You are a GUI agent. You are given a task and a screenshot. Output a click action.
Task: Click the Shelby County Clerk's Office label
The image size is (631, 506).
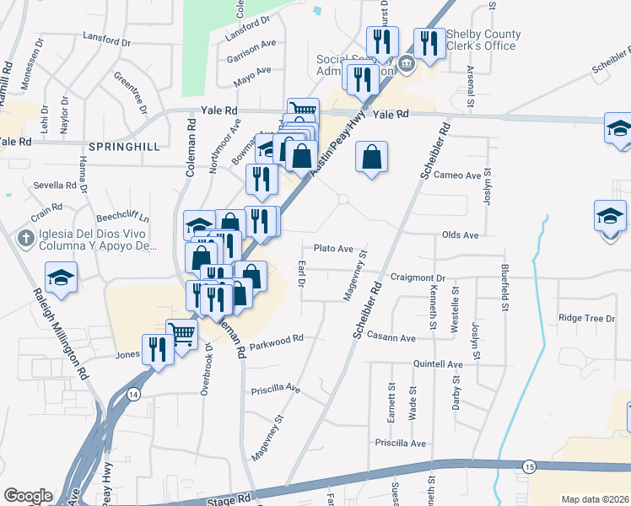pos(483,40)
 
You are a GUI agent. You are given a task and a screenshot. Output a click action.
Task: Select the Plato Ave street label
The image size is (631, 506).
pos(333,249)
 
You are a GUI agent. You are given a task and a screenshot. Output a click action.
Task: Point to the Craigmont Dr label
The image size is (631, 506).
pos(418,277)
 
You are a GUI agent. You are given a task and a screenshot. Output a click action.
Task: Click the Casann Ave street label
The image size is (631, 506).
pos(391,337)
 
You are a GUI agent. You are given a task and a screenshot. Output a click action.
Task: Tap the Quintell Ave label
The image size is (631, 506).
pos(438,364)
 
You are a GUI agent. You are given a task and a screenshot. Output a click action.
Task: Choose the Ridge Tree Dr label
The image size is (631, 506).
pos(587,318)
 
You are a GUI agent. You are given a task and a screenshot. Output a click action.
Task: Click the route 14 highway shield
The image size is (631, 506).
pos(132,394)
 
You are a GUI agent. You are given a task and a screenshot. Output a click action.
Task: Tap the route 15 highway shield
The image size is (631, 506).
pos(529,466)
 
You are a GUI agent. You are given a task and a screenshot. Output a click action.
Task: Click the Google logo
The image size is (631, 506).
pos(27,496)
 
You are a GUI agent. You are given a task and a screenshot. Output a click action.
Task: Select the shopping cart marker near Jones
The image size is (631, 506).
pos(181,333)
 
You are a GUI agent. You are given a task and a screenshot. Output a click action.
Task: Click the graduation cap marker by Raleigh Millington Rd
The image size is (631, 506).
pos(62,277)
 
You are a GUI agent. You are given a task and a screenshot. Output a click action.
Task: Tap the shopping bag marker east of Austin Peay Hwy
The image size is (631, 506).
pos(371,157)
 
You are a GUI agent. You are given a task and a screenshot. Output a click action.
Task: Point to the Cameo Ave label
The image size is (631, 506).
pos(456,175)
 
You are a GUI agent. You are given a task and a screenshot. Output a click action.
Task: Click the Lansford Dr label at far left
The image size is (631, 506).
pos(108,40)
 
